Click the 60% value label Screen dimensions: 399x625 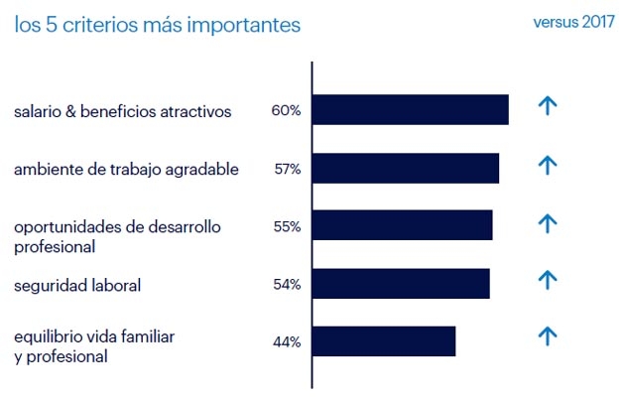click(286, 110)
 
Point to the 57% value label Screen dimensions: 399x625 click(288, 169)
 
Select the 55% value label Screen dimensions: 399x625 click(287, 226)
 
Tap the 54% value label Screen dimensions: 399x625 click(287, 285)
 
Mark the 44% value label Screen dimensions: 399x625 click(287, 342)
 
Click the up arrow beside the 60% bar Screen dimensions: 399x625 click(547, 106)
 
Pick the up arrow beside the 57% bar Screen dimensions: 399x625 click(547, 165)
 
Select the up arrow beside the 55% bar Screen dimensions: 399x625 click(547, 222)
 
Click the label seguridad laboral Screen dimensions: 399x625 click(77, 286)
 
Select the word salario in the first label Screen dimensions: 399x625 click(40, 111)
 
